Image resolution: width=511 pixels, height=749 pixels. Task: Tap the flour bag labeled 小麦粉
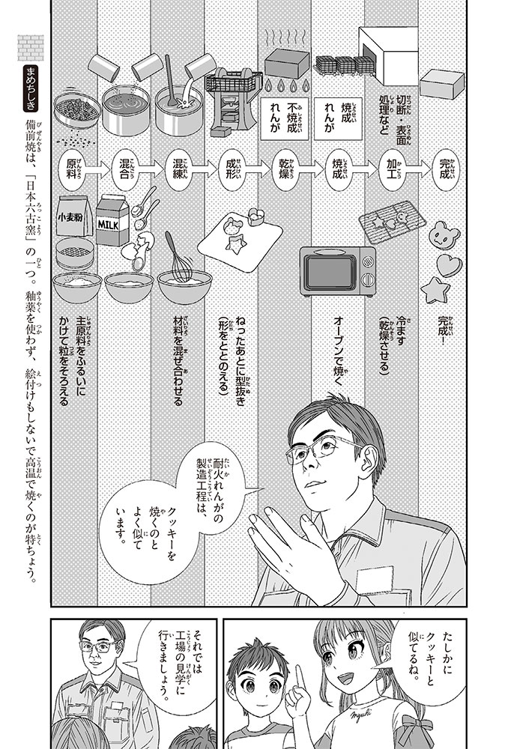pos(75,219)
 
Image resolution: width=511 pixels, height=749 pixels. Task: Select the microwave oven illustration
pos(337,270)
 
